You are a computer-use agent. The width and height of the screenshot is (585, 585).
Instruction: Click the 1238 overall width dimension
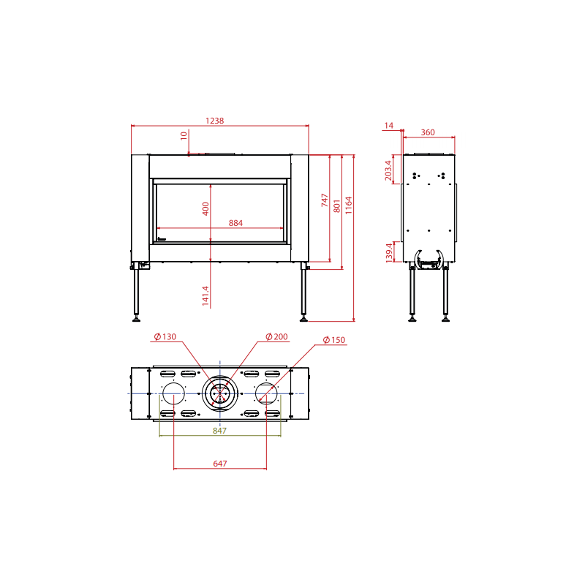click(x=214, y=121)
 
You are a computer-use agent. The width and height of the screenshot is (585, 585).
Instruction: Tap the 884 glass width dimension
click(x=235, y=223)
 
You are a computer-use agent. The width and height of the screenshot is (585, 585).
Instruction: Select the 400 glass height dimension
click(x=205, y=208)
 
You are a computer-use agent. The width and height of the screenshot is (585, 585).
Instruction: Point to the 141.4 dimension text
click(x=205, y=296)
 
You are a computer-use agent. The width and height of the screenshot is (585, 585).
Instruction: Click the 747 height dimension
click(x=325, y=200)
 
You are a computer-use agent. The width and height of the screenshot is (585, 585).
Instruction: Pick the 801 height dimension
click(x=337, y=206)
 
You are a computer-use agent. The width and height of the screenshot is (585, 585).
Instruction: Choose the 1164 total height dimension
click(x=349, y=205)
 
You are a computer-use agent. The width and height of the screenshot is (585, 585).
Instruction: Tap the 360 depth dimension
click(x=428, y=132)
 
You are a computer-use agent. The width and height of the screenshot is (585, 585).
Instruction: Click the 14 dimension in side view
click(x=389, y=126)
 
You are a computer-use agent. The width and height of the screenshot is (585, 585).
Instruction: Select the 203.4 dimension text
click(x=388, y=170)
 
